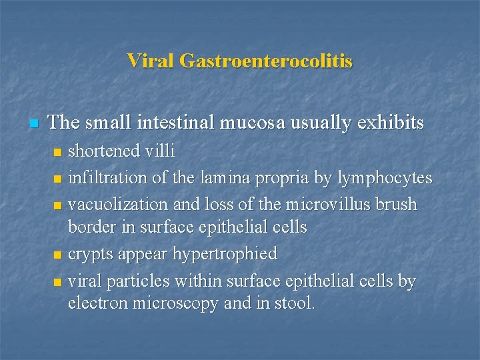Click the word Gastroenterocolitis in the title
[267, 61]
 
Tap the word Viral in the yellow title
[151, 61]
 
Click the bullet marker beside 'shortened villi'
[57, 153]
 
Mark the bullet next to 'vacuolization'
[57, 205]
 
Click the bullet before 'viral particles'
[57, 282]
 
